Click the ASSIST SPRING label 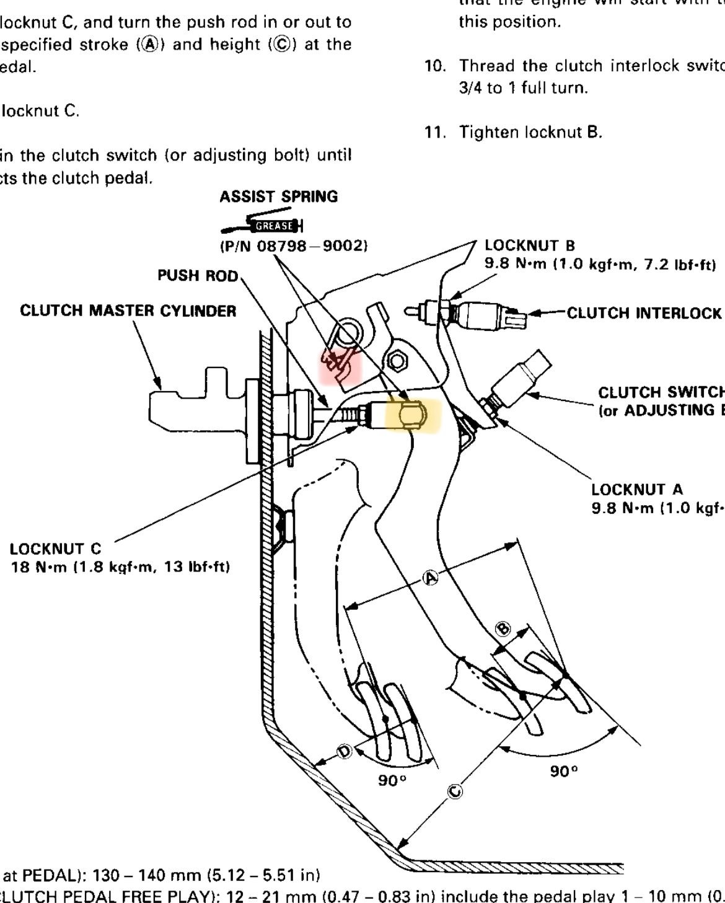[x=278, y=197]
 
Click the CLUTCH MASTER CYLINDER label [x=128, y=311]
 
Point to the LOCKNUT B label [x=530, y=245]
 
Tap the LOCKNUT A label [x=637, y=490]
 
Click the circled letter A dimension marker [x=430, y=578]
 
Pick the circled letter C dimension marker [x=455, y=791]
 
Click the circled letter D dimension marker [x=345, y=752]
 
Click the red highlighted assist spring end [x=340, y=363]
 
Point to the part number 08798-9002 [x=294, y=246]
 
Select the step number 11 [x=436, y=132]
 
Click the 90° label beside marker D [x=392, y=780]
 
